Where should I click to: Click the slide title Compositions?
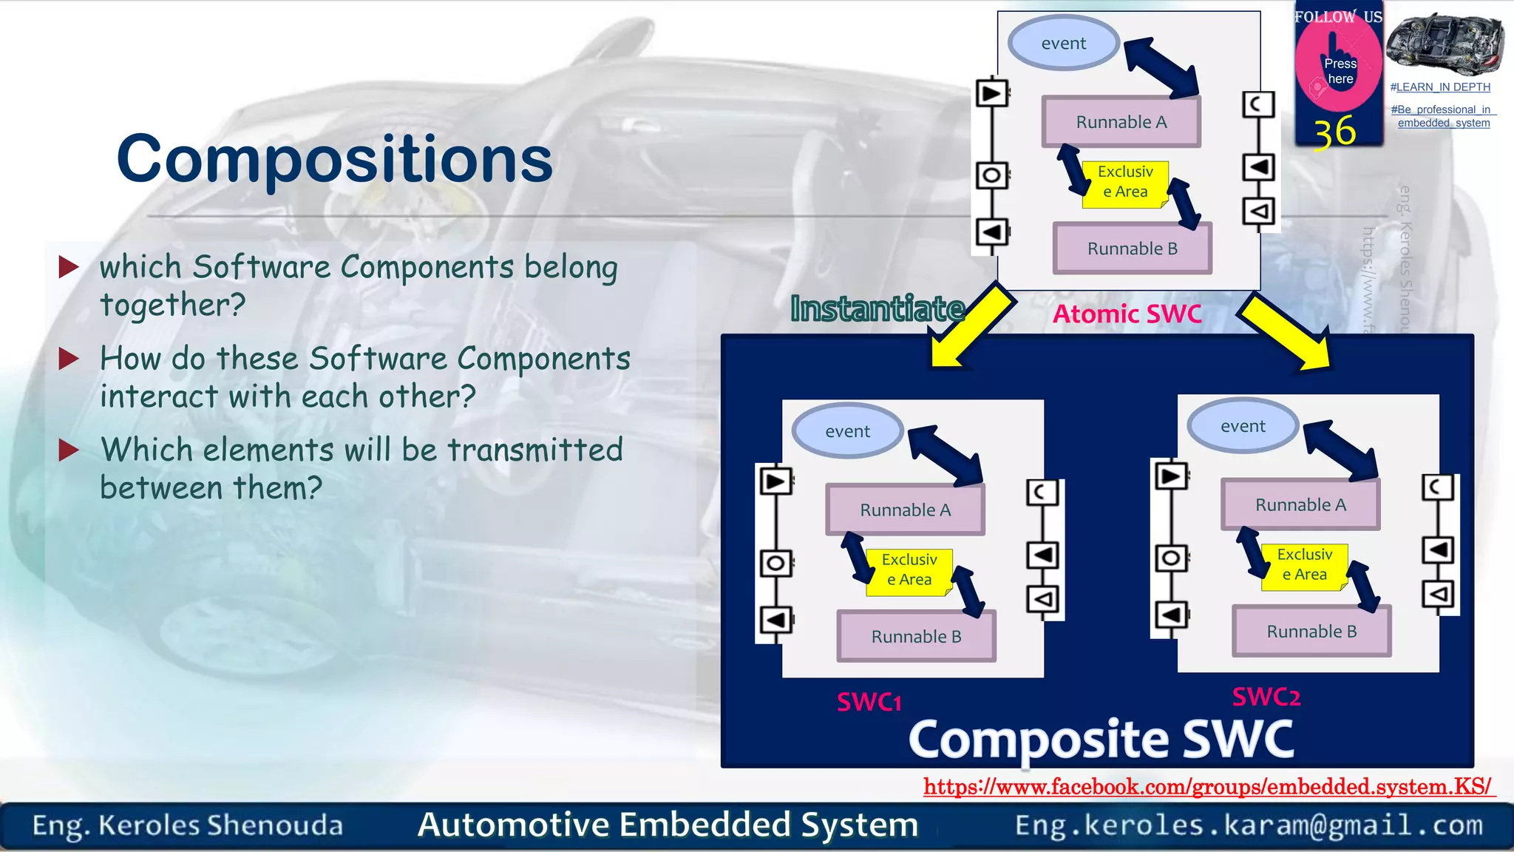tap(334, 159)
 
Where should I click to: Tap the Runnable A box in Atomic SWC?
tap(1121, 122)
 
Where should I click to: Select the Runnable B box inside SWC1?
tap(916, 636)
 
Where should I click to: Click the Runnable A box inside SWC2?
tap(1300, 505)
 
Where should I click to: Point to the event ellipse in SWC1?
tap(847, 431)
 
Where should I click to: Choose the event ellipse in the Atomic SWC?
tap(1063, 44)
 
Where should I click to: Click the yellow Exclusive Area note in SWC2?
tap(1304, 565)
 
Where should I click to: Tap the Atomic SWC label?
tap(1127, 314)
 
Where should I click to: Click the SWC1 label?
tap(869, 702)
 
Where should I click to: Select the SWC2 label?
tap(1266, 697)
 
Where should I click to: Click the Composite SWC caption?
tap(1101, 740)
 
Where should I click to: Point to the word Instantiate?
tap(877, 308)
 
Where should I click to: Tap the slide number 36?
tap(1334, 132)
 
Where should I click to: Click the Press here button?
tap(1339, 71)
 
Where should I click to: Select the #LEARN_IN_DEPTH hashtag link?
tap(1439, 87)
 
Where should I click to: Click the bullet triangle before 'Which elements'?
tap(69, 450)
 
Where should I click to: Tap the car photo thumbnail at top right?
tap(1445, 43)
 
